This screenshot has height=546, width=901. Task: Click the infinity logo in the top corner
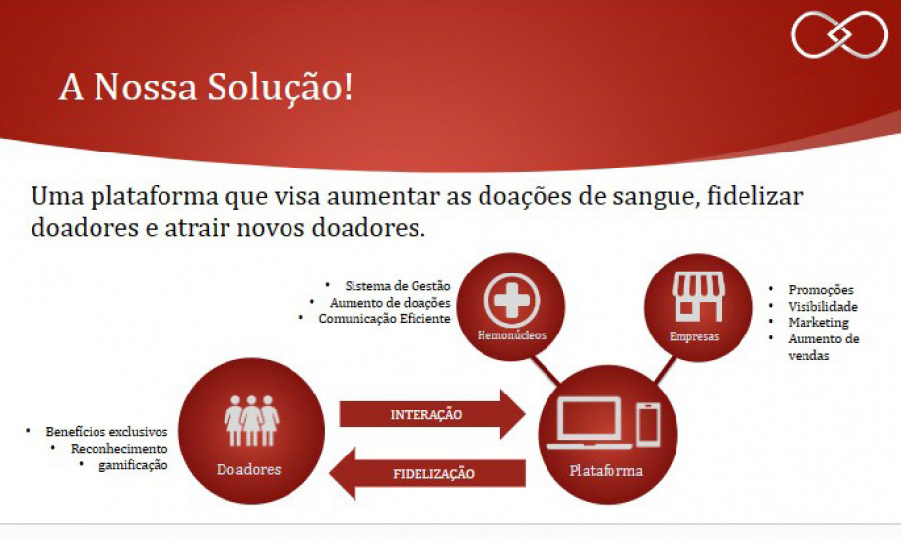(839, 34)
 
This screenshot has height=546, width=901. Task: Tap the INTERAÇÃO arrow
(427, 414)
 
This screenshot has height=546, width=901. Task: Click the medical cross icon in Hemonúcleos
(511, 296)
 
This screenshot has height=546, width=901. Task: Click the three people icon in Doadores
(251, 420)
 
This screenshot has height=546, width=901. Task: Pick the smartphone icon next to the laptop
(647, 424)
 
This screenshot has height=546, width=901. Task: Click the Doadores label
(248, 469)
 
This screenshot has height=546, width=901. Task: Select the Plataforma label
(606, 470)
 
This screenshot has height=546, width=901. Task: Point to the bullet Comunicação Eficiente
(384, 319)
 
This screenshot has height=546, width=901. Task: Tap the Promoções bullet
(820, 290)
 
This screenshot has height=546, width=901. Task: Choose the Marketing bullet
(817, 323)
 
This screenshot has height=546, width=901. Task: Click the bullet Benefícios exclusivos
(106, 432)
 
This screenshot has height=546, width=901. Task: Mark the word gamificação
(133, 464)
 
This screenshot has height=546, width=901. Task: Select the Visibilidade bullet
(822, 306)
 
